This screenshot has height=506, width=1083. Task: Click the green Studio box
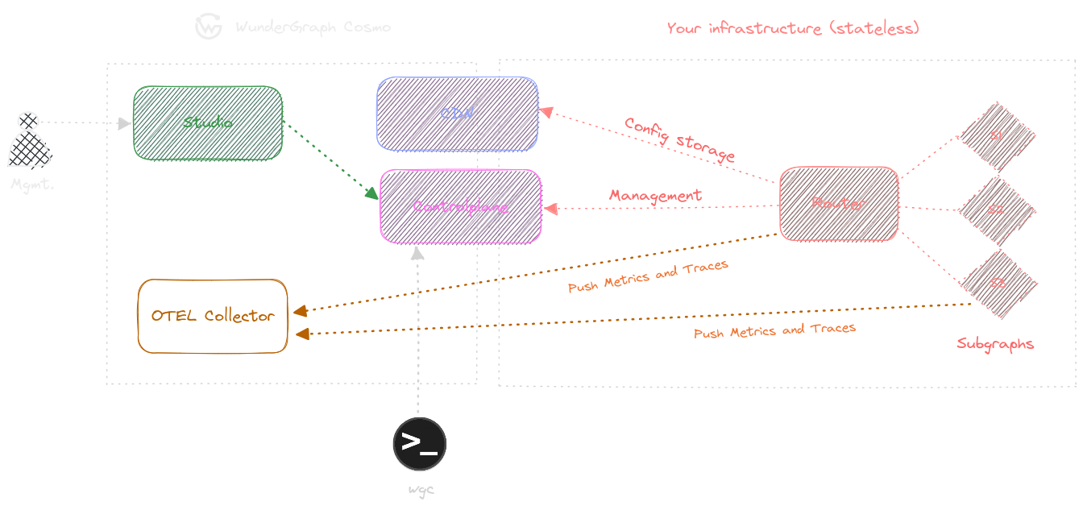pyautogui.click(x=207, y=122)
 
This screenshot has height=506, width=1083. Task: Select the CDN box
pyautogui.click(x=457, y=114)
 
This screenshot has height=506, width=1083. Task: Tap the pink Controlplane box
pyautogui.click(x=460, y=206)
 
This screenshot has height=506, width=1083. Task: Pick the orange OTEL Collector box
pyautogui.click(x=213, y=316)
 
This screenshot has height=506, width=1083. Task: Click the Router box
pyautogui.click(x=838, y=204)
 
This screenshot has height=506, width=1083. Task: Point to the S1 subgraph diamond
pyautogui.click(x=997, y=136)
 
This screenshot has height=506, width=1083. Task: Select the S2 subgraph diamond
pyautogui.click(x=997, y=210)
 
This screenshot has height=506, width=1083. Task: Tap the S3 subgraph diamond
pyautogui.click(x=998, y=284)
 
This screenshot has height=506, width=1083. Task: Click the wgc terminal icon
pyautogui.click(x=419, y=443)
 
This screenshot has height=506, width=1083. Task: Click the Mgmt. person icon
pyautogui.click(x=29, y=141)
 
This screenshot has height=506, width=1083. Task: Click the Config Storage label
pyautogui.click(x=679, y=139)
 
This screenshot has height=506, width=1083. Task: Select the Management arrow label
pyautogui.click(x=655, y=196)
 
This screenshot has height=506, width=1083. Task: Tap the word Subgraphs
pyautogui.click(x=995, y=344)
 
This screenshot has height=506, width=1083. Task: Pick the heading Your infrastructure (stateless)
pyautogui.click(x=793, y=28)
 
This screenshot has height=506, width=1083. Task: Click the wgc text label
pyautogui.click(x=421, y=489)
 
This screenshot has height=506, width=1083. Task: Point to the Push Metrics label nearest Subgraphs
pyautogui.click(x=774, y=330)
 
